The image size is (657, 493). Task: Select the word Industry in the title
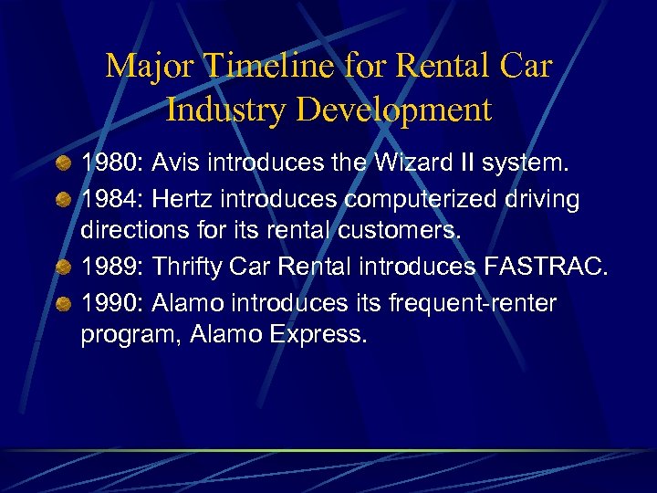tap(224, 110)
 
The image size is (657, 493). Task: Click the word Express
tap(318, 335)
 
